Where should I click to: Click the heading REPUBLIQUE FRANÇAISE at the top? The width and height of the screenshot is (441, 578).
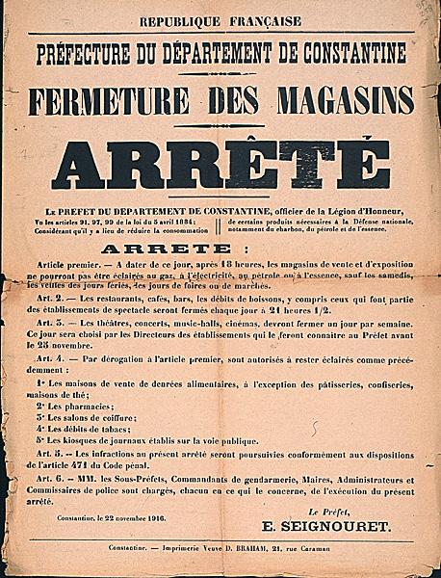[220, 21]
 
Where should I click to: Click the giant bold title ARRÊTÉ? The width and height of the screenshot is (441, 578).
[220, 165]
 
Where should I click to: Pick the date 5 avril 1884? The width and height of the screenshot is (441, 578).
[169, 221]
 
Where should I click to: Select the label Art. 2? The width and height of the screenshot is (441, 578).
[61, 298]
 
